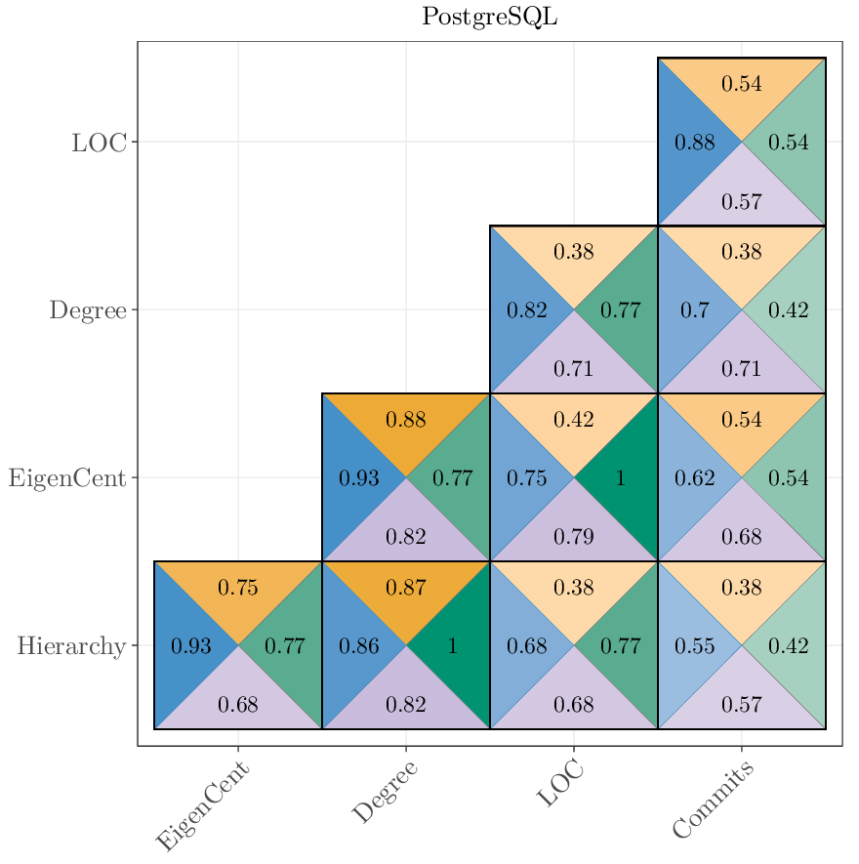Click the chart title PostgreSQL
point(489,18)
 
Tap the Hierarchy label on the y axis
point(71,645)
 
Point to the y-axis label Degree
point(88,310)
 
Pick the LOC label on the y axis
point(99,143)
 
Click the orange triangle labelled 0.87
point(405,588)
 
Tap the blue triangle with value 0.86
point(358,646)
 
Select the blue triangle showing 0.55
point(694,646)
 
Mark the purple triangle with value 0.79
point(573,536)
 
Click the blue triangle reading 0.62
point(694,478)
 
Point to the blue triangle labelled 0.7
point(694,310)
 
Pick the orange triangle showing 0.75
point(237,588)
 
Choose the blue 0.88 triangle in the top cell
point(694,143)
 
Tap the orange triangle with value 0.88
point(405,420)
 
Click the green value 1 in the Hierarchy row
point(452,646)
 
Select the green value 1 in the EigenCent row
point(620,478)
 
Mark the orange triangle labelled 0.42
point(573,420)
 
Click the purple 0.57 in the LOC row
point(741,202)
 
